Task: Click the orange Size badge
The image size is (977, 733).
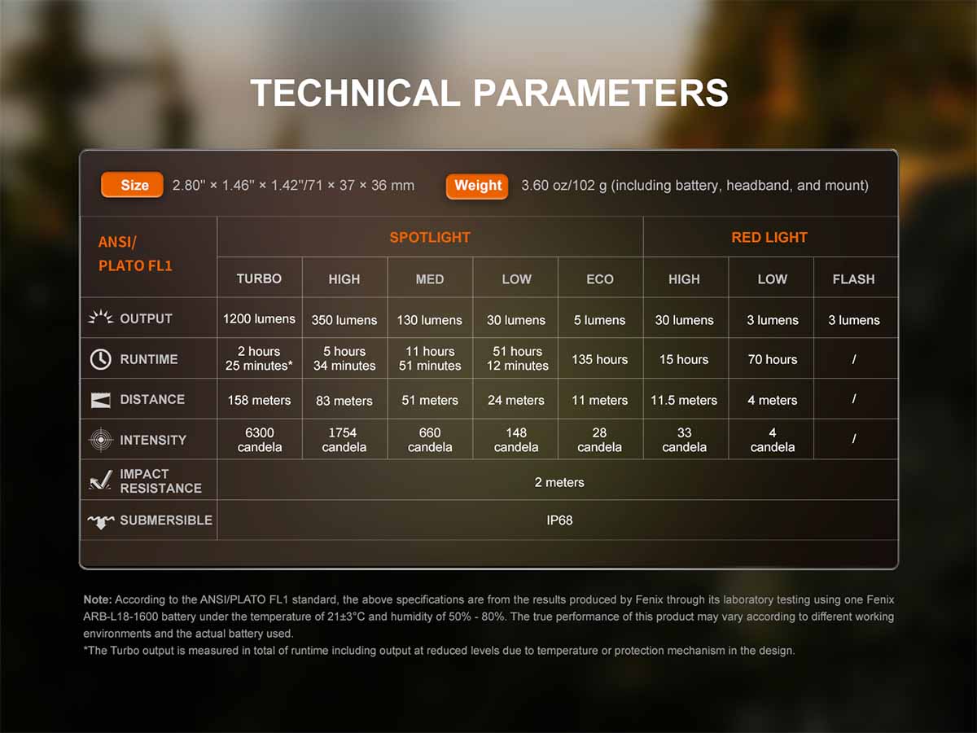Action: tap(132, 185)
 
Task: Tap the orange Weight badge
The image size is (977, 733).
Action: tap(477, 186)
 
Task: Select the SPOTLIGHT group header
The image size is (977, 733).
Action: tap(430, 237)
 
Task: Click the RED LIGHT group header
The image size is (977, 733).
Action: tap(769, 237)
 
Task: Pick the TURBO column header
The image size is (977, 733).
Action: tap(259, 279)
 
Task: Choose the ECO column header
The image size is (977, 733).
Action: tap(600, 279)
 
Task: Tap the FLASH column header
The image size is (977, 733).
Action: tap(854, 279)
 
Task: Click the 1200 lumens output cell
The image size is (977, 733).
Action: tap(259, 318)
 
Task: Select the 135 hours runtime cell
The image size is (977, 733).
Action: tap(599, 359)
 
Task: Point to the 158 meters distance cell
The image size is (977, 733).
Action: tap(259, 400)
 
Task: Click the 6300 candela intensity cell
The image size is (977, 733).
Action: tap(260, 440)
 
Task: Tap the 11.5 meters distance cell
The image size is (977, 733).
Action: tap(684, 400)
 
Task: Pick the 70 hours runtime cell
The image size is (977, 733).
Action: tap(773, 359)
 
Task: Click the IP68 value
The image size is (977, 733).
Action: tap(559, 520)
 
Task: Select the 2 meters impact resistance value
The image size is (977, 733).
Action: tap(559, 482)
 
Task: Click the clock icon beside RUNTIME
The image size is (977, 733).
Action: tap(101, 359)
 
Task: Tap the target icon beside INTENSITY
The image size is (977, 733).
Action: tap(101, 440)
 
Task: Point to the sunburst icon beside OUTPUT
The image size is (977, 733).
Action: tap(101, 317)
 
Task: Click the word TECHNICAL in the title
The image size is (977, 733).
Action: tap(355, 93)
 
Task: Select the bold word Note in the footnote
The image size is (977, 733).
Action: tap(98, 599)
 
